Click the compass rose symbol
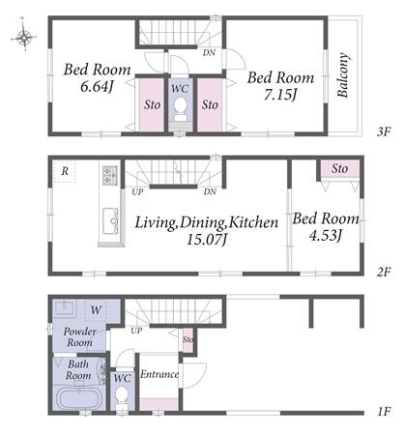click(x=24, y=37)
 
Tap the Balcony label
click(x=343, y=74)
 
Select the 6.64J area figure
click(x=97, y=87)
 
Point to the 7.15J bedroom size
click(x=280, y=95)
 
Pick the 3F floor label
click(x=384, y=131)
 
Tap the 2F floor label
click(x=384, y=273)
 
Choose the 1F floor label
click(x=384, y=412)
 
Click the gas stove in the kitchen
click(x=110, y=175)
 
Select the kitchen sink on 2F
click(x=110, y=220)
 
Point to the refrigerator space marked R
click(x=65, y=171)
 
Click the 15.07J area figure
click(x=207, y=240)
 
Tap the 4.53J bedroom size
click(x=325, y=236)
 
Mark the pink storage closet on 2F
click(x=339, y=169)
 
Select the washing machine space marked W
click(x=96, y=310)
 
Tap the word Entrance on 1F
click(x=159, y=374)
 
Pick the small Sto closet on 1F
click(x=188, y=340)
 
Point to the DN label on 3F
click(x=209, y=52)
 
